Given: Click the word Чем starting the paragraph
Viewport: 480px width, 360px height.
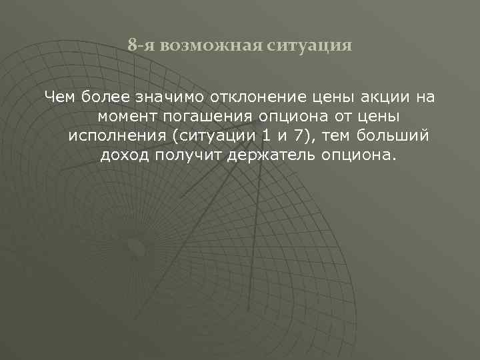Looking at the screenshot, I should (x=59, y=98).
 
